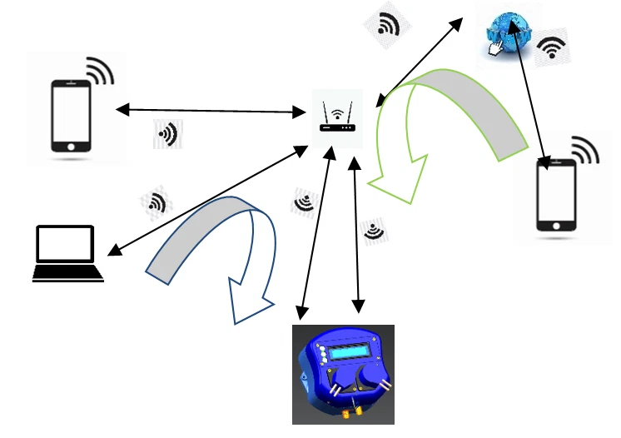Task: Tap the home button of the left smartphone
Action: [x=72, y=146]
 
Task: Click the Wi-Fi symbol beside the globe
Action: [x=552, y=49]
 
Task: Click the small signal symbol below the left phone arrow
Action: [x=167, y=133]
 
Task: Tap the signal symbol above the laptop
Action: [x=155, y=202]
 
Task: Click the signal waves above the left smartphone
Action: [x=99, y=71]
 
